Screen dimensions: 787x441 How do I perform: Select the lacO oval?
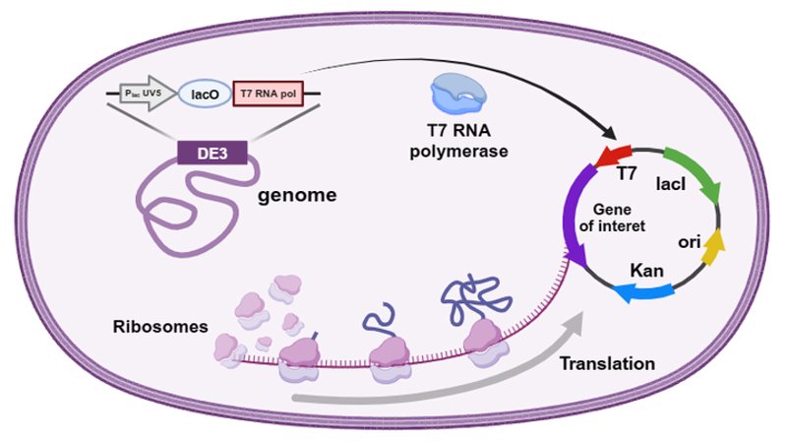click(x=205, y=94)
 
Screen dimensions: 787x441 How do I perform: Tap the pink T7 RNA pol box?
click(x=268, y=94)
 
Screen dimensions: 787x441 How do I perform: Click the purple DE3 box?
click(x=212, y=153)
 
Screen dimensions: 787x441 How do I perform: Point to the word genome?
click(x=297, y=195)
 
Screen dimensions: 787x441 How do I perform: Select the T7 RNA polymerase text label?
click(x=458, y=141)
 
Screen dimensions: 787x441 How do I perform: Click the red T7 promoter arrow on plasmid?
click(x=612, y=156)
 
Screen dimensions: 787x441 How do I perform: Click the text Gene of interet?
click(x=612, y=218)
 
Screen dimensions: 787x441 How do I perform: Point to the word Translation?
click(x=607, y=363)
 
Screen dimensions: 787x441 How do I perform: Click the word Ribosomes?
click(x=160, y=327)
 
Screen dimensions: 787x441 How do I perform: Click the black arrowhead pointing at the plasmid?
click(x=609, y=133)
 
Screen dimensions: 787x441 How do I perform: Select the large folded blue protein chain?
click(x=476, y=299)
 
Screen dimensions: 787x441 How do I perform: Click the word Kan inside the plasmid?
click(x=646, y=271)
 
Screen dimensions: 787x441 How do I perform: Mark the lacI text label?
click(x=671, y=184)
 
